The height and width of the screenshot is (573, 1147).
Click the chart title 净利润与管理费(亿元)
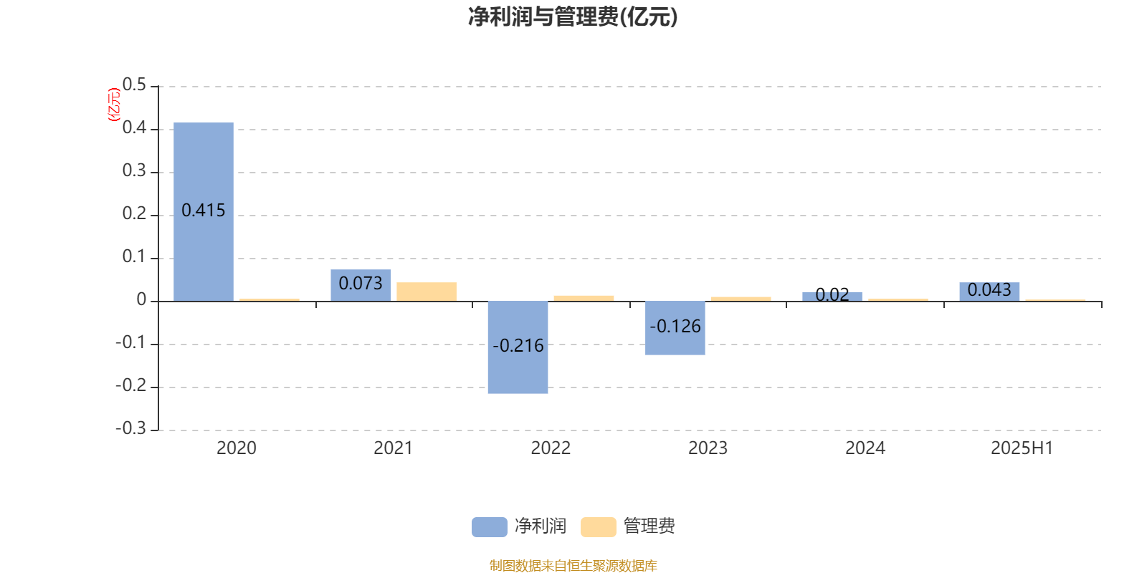(x=573, y=17)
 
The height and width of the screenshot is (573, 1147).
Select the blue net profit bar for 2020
(x=204, y=212)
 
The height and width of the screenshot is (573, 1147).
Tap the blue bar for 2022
(x=518, y=347)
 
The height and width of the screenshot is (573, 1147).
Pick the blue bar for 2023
(x=675, y=328)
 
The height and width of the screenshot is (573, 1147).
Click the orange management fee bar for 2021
(x=427, y=292)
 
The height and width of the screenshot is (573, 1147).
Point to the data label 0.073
(x=361, y=284)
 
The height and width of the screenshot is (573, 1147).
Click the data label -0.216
(x=518, y=346)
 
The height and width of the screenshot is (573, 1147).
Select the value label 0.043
(x=989, y=290)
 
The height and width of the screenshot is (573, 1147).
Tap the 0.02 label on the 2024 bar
(x=832, y=294)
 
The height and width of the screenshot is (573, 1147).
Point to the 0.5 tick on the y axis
(x=134, y=85)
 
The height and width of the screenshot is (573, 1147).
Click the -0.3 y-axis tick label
(x=131, y=428)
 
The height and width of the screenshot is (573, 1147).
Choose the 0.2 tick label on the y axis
(x=134, y=213)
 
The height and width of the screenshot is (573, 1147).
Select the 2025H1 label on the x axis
(x=1022, y=448)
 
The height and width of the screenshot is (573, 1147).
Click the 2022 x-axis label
(x=551, y=448)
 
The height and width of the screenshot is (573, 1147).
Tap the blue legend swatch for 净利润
(x=490, y=527)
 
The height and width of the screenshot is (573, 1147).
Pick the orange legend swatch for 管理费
(x=598, y=527)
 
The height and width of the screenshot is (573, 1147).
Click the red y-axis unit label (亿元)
(x=114, y=105)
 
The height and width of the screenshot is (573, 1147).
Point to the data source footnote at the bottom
(x=573, y=565)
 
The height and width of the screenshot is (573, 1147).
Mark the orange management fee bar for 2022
(x=584, y=298)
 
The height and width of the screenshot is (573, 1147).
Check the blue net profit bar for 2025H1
(x=989, y=292)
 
